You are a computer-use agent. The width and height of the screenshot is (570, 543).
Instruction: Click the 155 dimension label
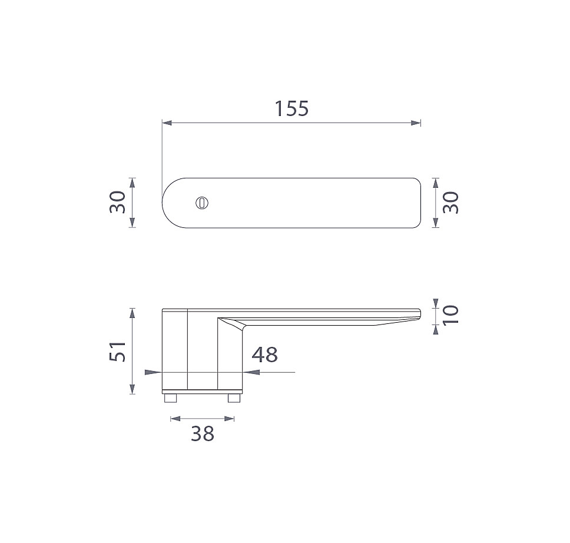point(291,109)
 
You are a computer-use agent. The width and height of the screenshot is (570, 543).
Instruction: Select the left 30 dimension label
point(118,202)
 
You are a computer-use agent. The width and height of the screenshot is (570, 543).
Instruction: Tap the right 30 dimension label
point(451,203)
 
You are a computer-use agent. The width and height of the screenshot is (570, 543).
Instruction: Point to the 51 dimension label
point(118,352)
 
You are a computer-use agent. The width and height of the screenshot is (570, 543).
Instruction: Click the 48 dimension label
point(264,355)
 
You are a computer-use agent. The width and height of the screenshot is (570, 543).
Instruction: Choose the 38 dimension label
point(203,433)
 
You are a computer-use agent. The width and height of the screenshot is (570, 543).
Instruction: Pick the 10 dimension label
point(451,315)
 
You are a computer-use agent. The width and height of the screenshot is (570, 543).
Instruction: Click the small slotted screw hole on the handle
point(202,203)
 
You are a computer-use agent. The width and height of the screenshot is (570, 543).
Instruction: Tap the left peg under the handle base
point(171,398)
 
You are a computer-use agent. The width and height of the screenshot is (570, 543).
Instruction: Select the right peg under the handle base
point(234,398)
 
